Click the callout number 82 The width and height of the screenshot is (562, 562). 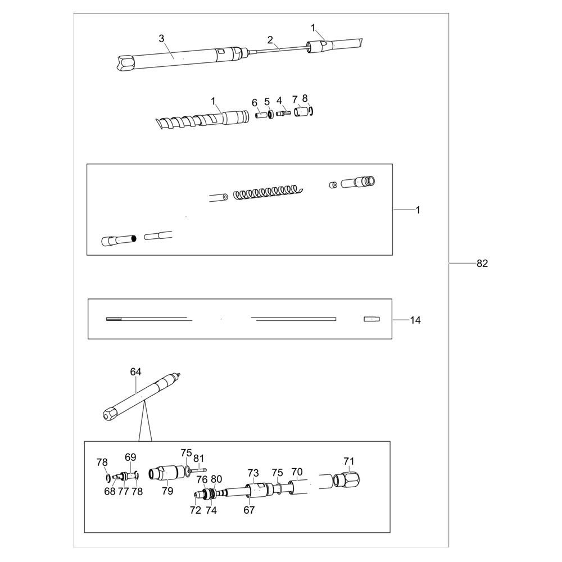[x=482, y=264]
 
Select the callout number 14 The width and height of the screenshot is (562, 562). [x=415, y=320]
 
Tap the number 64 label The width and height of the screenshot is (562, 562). [x=135, y=372]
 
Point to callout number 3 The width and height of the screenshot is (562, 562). [x=162, y=38]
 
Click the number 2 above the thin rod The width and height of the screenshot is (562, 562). [x=270, y=39]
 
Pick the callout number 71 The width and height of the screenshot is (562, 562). [x=349, y=461]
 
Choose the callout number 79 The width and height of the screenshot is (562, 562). [x=167, y=491]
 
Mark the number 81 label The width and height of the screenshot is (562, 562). [x=198, y=459]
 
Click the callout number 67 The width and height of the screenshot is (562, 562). [x=249, y=510]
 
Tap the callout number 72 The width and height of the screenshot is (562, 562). [x=196, y=510]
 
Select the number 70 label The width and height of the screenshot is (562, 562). [x=297, y=472]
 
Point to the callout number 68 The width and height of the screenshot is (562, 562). [x=110, y=491]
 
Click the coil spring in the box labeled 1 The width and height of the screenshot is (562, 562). [x=268, y=192]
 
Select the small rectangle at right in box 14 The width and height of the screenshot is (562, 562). [x=371, y=319]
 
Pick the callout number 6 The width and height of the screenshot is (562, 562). [x=255, y=103]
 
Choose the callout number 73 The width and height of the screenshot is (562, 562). [x=253, y=473]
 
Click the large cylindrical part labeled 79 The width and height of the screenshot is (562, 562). [x=167, y=473]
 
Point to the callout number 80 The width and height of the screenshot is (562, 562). [x=216, y=479]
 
